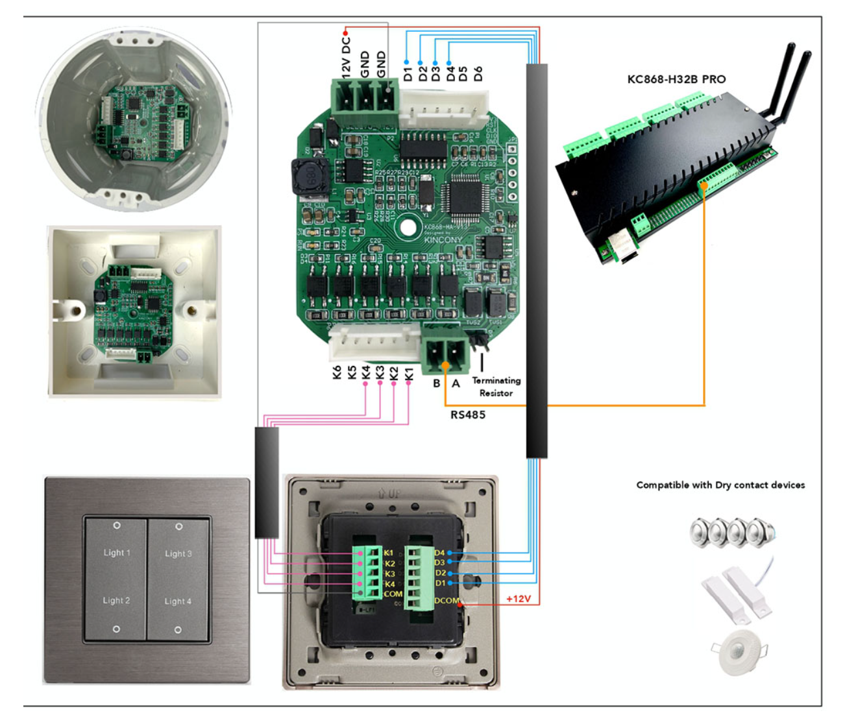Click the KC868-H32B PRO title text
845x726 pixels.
(676, 79)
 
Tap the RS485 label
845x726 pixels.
(467, 415)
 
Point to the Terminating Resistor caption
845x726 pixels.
(496, 387)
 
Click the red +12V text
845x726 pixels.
(518, 599)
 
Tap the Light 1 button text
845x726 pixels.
(117, 553)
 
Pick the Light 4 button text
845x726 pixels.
(178, 601)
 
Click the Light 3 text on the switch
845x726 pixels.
(178, 553)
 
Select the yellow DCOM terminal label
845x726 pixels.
(447, 601)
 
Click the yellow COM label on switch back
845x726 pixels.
(393, 594)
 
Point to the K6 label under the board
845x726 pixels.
(337, 372)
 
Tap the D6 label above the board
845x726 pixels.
(478, 73)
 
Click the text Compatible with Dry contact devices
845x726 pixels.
(720, 485)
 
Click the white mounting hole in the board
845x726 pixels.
(408, 227)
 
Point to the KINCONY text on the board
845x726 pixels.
(443, 239)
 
